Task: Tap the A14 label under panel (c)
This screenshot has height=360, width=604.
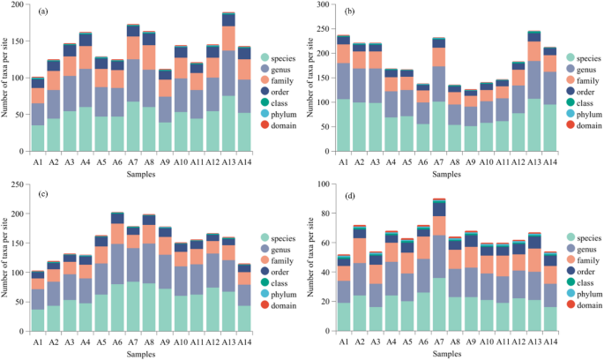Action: coord(244,337)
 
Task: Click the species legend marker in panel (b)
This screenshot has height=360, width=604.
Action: coord(571,56)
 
